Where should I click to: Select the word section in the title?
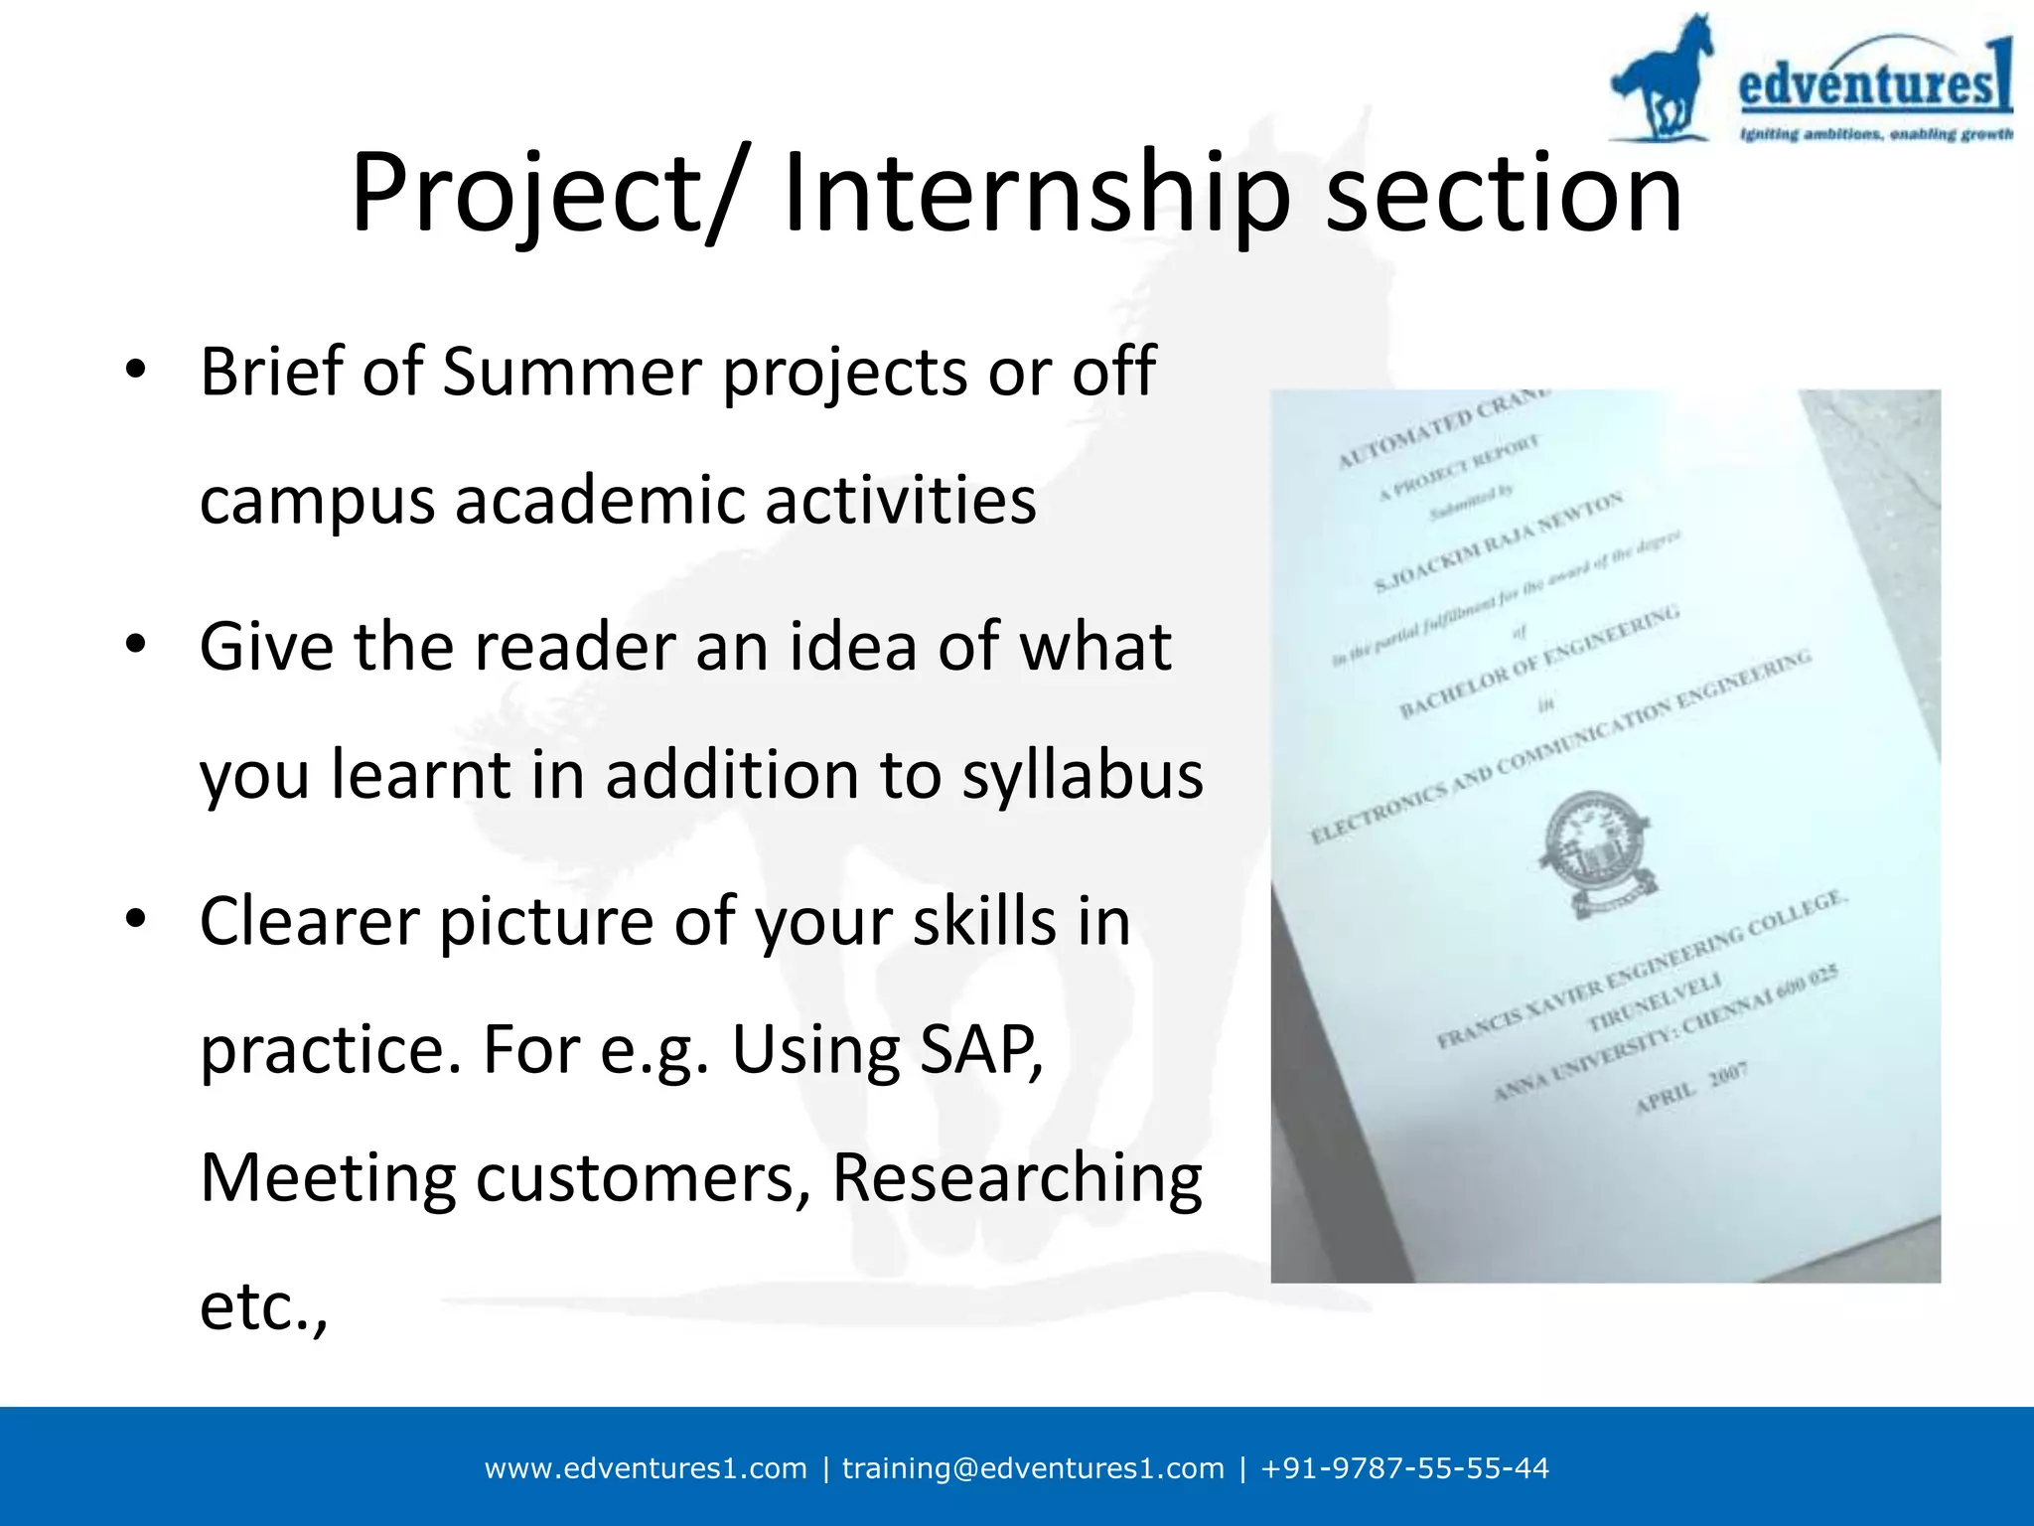pos(1504,194)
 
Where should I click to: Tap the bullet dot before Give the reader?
pos(136,644)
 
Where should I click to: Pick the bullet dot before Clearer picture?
pos(136,918)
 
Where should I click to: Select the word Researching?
pos(1016,1178)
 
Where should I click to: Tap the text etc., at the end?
pos(263,1307)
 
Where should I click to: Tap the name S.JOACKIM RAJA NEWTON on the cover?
pos(1499,542)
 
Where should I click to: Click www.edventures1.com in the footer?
pos(646,1468)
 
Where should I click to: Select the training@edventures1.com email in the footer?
pos(1033,1468)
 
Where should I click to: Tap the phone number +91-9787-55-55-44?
pos(1404,1468)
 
